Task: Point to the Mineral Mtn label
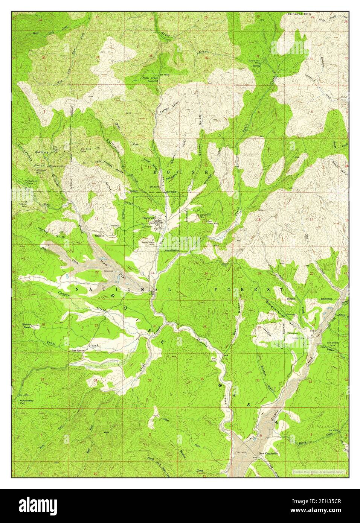(x=301, y=14)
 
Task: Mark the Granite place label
(x=99, y=235)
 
